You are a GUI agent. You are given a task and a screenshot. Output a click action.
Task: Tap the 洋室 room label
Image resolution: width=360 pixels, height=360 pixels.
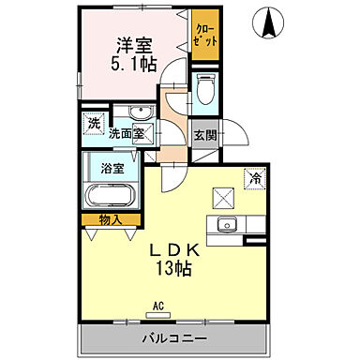[133, 44]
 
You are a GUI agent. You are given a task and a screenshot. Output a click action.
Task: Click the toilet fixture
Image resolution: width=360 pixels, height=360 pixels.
[206, 88]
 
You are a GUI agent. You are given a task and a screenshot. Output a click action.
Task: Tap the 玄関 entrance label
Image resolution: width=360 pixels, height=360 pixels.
[205, 133]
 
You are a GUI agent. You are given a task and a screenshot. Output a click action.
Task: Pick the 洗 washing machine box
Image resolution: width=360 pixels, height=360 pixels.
[94, 121]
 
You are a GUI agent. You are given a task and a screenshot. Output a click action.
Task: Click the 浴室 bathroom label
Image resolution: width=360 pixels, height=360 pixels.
[112, 169]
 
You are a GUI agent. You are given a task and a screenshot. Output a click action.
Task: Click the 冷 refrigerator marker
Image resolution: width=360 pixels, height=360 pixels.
[254, 177]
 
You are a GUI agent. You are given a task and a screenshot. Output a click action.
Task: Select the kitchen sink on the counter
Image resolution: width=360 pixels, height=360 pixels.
[226, 224]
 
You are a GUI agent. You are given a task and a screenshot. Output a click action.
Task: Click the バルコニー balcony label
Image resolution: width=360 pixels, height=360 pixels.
[174, 337]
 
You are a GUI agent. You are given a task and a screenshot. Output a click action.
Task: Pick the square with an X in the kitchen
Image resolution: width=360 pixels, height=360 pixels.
[221, 199]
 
